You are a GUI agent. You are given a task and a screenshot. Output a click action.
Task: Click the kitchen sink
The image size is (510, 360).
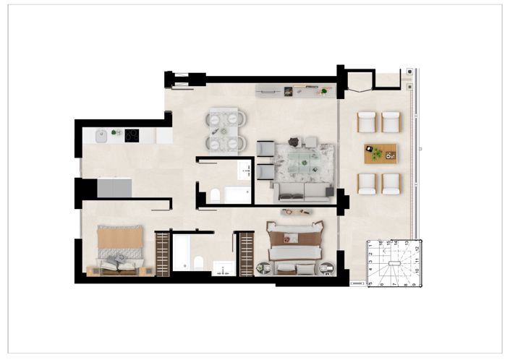pos(102,134)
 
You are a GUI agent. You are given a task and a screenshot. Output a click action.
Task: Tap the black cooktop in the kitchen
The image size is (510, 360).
pos(132,134)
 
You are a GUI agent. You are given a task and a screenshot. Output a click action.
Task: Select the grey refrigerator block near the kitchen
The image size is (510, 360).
pos(114,189)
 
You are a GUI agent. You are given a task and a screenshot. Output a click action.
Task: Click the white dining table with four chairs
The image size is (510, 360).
pos(226,131)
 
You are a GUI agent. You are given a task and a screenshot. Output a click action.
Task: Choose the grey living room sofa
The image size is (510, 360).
pos(302,192)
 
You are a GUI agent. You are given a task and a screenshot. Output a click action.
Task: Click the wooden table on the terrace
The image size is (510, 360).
pos(380,153)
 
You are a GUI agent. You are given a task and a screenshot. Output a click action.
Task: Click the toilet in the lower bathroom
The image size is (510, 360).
pos(198,262)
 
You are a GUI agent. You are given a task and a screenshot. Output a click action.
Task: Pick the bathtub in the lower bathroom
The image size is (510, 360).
pos(182,252)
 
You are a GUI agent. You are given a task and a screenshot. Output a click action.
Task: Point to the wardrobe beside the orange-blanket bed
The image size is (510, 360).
pos(162,253)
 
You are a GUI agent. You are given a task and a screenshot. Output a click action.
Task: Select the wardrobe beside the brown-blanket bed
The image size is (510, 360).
pos(247,254)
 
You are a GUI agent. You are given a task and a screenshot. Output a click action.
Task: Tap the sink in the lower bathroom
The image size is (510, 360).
pos(223,269)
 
